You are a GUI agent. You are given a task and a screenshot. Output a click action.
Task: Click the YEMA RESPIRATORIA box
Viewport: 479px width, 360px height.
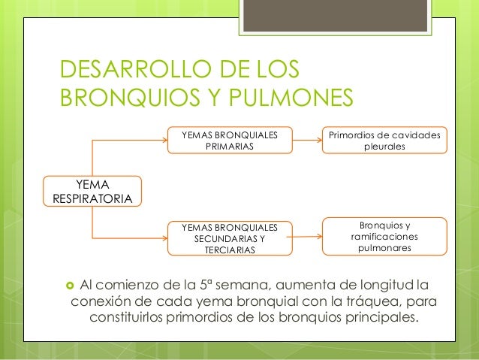(92, 191)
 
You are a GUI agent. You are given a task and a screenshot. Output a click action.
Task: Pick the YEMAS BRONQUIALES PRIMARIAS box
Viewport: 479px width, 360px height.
(230, 141)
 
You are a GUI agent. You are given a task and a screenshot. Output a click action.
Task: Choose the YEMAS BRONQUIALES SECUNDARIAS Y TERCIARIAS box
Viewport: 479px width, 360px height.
(230, 237)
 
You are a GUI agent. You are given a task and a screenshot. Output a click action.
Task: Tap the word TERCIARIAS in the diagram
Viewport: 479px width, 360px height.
(230, 249)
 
